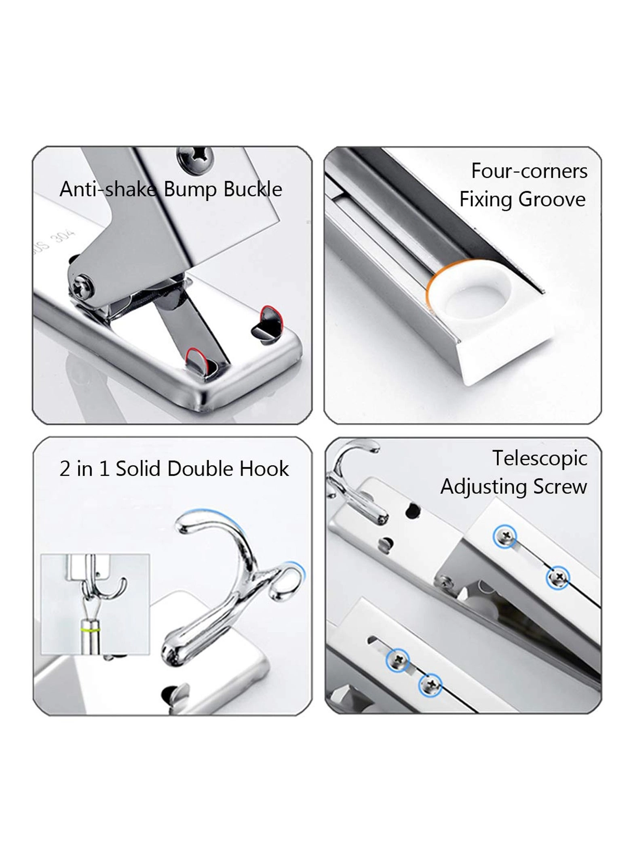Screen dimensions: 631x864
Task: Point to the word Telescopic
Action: click(540, 459)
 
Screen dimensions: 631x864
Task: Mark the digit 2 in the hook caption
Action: click(65, 469)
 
